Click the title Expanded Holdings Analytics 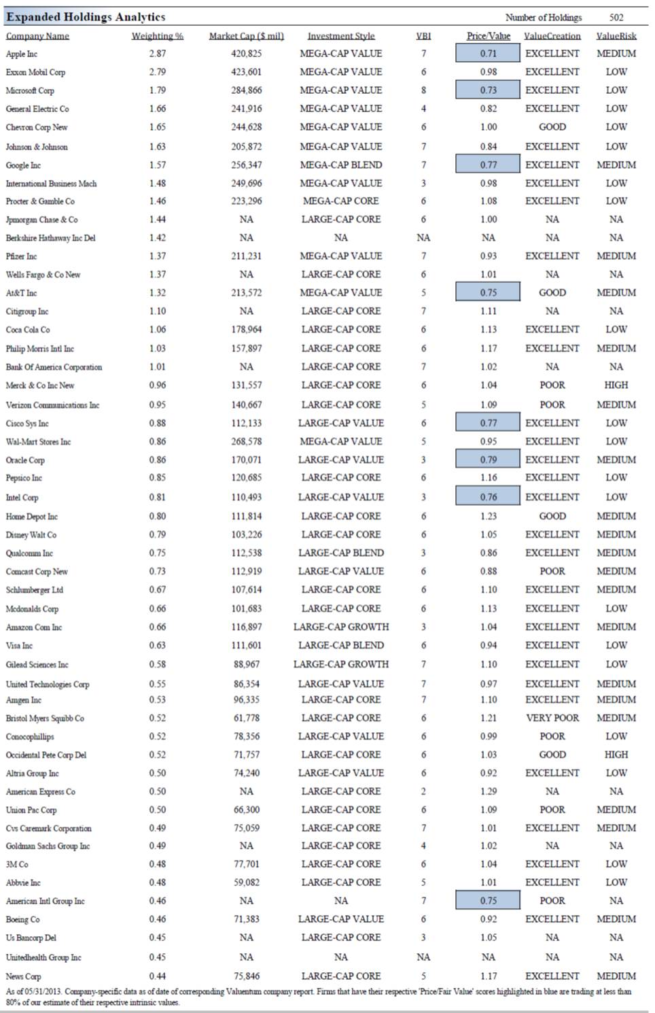[x=86, y=17]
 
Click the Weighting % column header [x=157, y=36]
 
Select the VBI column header [x=423, y=36]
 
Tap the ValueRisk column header [x=616, y=36]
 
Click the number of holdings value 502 [x=616, y=18]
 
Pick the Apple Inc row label [x=22, y=54]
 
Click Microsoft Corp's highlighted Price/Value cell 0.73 [x=488, y=90]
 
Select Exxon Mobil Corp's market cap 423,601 [x=246, y=72]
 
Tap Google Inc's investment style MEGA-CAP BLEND [x=340, y=165]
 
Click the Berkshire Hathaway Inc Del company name [x=50, y=238]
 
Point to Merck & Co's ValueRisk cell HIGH [x=616, y=385]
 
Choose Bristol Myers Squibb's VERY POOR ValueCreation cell [x=552, y=718]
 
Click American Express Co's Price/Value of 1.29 [x=488, y=791]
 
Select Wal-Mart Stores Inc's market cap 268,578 [x=246, y=441]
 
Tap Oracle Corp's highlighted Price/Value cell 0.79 [x=488, y=460]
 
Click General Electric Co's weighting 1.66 [x=157, y=109]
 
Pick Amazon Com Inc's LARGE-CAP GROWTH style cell [x=340, y=627]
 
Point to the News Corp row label [x=23, y=976]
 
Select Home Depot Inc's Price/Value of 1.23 [x=488, y=516]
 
